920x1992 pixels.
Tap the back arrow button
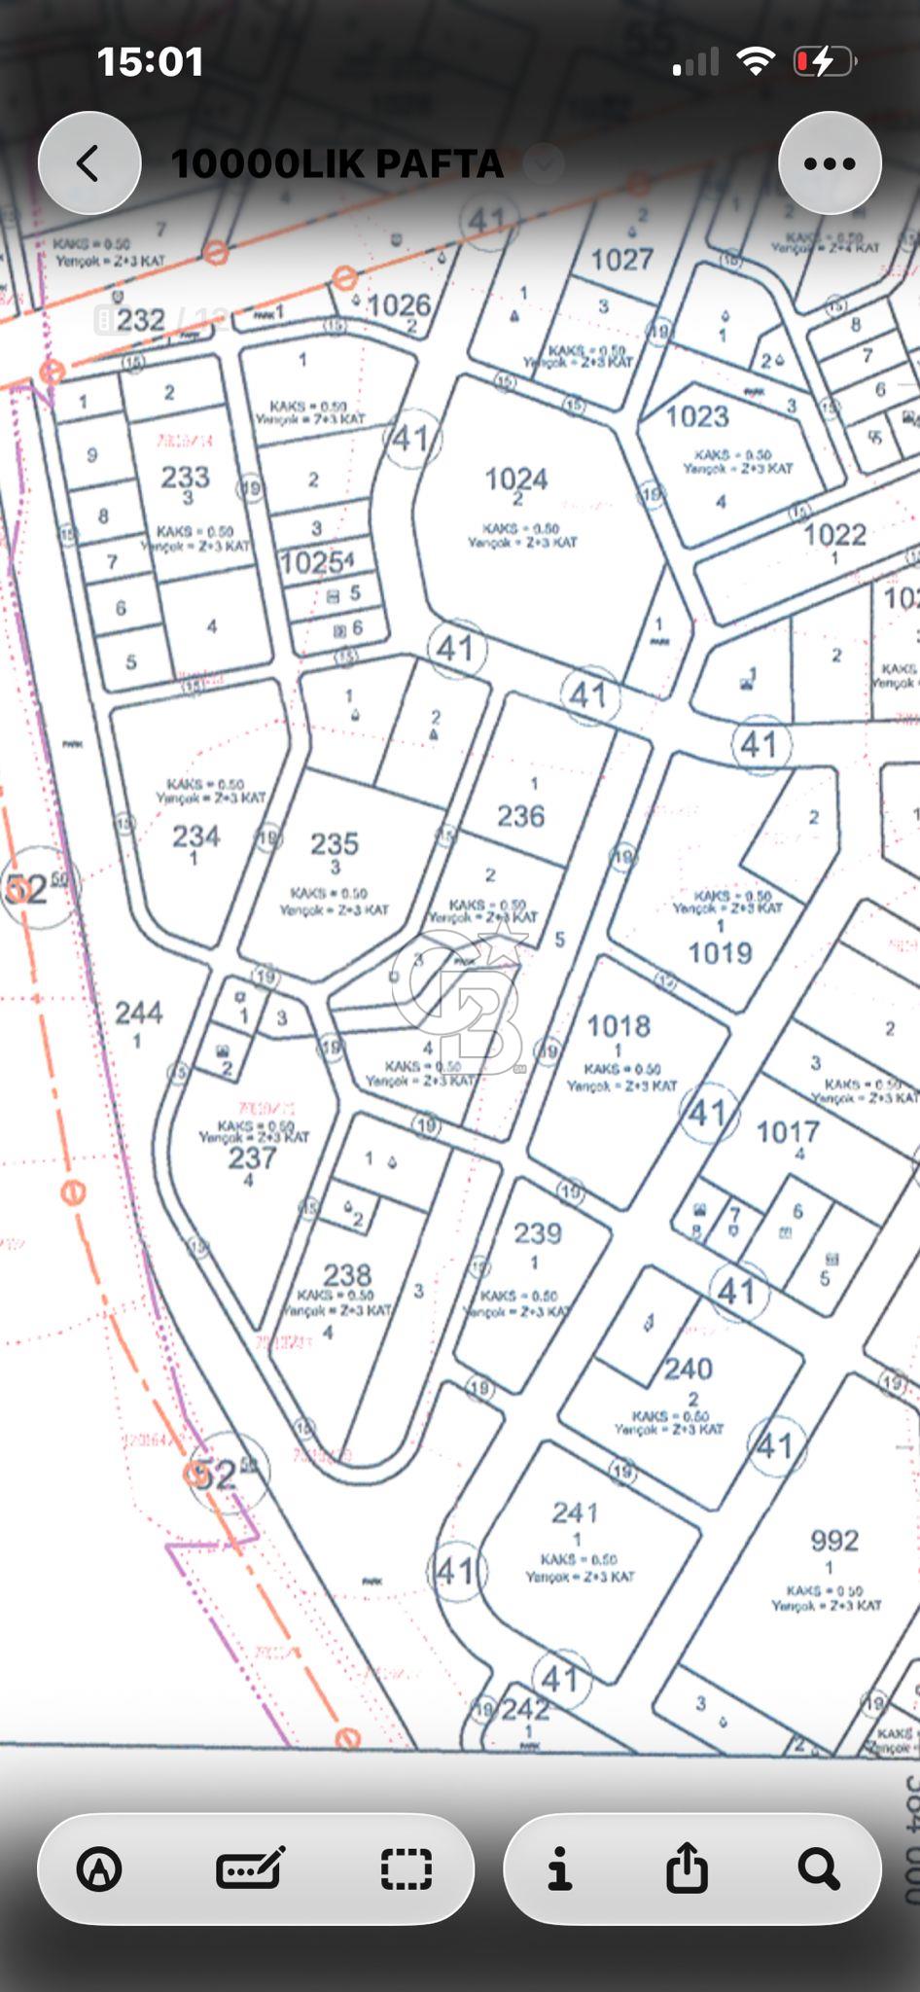88,163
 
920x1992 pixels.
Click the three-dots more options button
830,163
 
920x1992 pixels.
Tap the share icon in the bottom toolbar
687,1868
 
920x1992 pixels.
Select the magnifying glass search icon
818,1868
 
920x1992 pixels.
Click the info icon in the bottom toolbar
559,1868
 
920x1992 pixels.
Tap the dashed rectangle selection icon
406,1868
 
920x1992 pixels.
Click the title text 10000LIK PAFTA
336,164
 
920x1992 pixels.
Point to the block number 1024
516,479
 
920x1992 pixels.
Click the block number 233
185,477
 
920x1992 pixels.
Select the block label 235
335,843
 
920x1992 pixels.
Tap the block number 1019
720,952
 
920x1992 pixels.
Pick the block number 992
834,1540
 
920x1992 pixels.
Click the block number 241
575,1512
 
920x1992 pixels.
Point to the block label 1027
622,259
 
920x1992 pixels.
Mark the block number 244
139,1014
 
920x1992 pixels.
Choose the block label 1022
834,534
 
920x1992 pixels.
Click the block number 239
538,1233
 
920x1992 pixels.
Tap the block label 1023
697,416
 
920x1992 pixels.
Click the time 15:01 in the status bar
151,62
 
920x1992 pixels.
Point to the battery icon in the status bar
824,62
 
